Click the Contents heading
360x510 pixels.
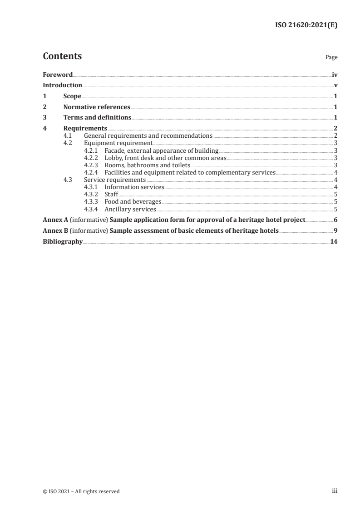coord(62,56)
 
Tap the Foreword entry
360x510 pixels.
coord(58,75)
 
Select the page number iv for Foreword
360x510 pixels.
coord(335,75)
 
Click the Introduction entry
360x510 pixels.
coord(62,85)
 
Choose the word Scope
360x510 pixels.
coord(72,96)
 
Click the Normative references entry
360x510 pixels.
coord(97,107)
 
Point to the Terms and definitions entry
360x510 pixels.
coord(97,118)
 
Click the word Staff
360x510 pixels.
coord(111,195)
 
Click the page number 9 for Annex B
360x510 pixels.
coord(335,230)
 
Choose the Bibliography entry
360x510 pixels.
coord(63,241)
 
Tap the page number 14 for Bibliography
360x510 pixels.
coord(334,241)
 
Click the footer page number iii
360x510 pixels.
coord(335,491)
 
